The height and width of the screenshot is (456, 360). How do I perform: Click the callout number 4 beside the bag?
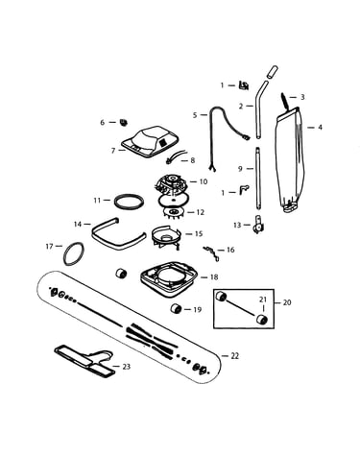(x=320, y=128)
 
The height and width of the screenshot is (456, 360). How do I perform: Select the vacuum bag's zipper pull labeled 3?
(x=284, y=100)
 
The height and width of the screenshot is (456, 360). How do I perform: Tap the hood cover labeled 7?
(x=150, y=143)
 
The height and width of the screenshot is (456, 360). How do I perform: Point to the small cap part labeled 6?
(x=123, y=122)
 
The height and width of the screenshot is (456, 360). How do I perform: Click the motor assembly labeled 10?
(x=171, y=184)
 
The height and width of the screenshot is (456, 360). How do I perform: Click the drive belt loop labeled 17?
(x=74, y=253)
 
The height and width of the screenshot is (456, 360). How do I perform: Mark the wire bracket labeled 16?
(x=211, y=252)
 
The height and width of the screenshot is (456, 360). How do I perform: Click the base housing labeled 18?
(x=169, y=278)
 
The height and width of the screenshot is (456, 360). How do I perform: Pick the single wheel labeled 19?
(x=176, y=309)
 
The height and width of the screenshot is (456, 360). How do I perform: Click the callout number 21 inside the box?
(x=263, y=300)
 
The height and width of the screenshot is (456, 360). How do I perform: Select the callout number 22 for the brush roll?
(x=235, y=356)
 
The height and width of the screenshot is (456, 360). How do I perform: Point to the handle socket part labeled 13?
(x=257, y=225)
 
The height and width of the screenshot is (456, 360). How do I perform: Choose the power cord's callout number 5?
(x=195, y=115)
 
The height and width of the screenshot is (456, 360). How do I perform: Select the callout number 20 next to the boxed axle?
(x=287, y=302)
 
